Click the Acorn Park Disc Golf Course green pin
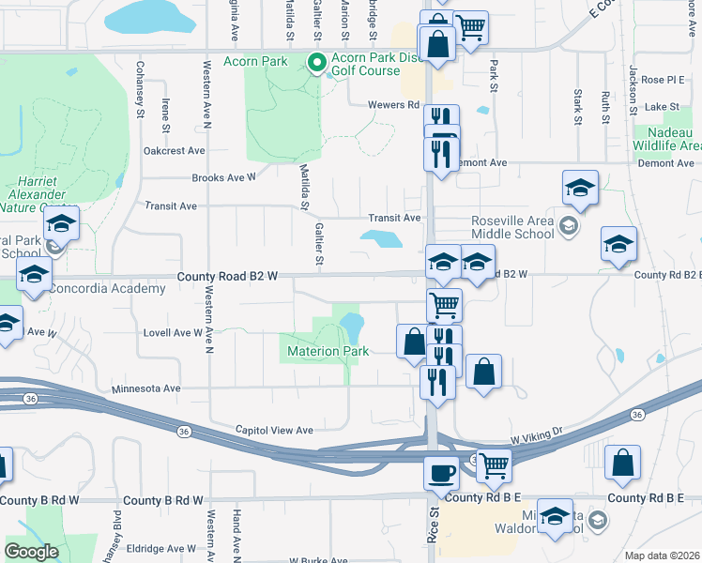(x=317, y=64)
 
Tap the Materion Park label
(x=326, y=351)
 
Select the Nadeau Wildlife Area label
(x=667, y=138)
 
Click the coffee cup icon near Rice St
(x=441, y=472)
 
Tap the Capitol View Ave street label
(x=273, y=430)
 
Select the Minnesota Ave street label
(x=145, y=388)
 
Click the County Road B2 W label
(x=228, y=276)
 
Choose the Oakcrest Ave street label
(x=174, y=150)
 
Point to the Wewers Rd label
(x=393, y=105)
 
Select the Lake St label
(x=662, y=107)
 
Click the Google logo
(x=31, y=551)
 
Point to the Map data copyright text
(x=662, y=555)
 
